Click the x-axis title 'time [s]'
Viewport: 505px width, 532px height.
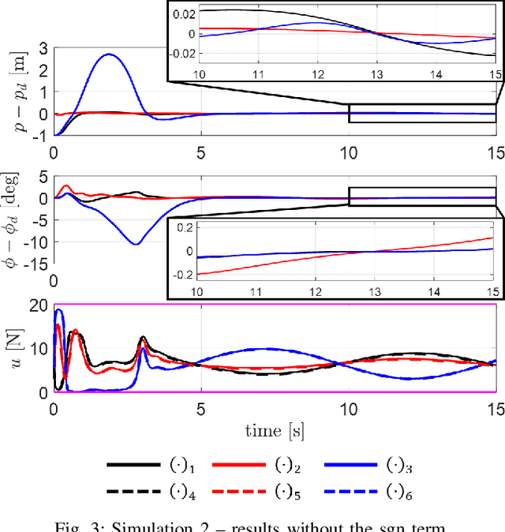tap(275, 431)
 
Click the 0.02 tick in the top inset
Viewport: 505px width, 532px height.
tap(185, 15)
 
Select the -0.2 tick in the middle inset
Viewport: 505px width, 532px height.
tap(184, 274)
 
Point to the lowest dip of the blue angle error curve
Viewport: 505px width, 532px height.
tap(137, 244)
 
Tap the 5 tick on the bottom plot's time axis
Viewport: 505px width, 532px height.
tap(201, 410)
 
